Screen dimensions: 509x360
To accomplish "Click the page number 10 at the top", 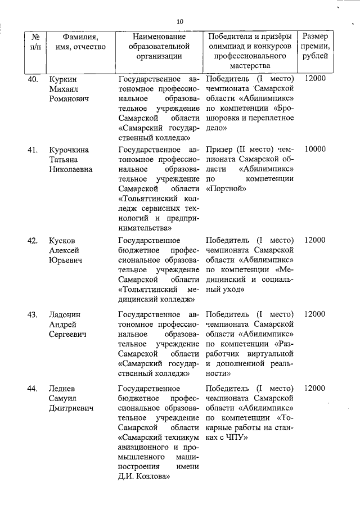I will pos(179,21).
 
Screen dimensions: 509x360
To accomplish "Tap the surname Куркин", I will pos(62,79).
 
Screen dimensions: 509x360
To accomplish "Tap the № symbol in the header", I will pos(35,36).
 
